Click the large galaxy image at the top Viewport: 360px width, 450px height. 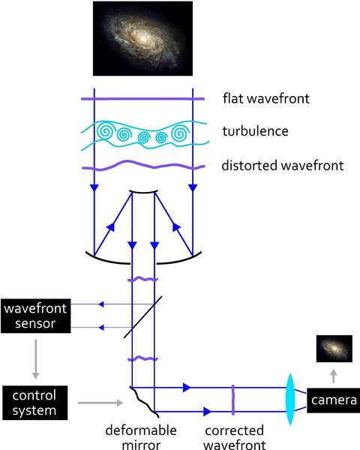pos(142,38)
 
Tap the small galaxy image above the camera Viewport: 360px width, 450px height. pos(334,349)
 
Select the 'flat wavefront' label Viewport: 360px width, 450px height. pos(266,98)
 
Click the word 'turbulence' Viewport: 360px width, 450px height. pos(255,131)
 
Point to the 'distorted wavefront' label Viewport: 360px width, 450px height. pos(283,166)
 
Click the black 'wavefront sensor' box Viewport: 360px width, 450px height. pos(35,316)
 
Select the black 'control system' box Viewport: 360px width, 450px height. pos(35,403)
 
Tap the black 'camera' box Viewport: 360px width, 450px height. pos(333,400)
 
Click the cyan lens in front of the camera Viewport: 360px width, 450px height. pos(290,399)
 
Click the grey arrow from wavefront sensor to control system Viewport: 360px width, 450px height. pos(35,359)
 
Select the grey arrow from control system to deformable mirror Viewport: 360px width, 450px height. pos(100,403)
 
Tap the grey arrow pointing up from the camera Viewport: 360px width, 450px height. pos(333,376)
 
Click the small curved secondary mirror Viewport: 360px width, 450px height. pos(143,192)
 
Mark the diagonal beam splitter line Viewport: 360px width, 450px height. pos(143,316)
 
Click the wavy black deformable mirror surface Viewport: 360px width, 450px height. pos(144,402)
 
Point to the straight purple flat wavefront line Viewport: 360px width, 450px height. pos(142,99)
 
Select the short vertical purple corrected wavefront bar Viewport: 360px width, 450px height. pos(232,400)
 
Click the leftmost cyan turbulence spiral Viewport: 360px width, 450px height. pos(106,132)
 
